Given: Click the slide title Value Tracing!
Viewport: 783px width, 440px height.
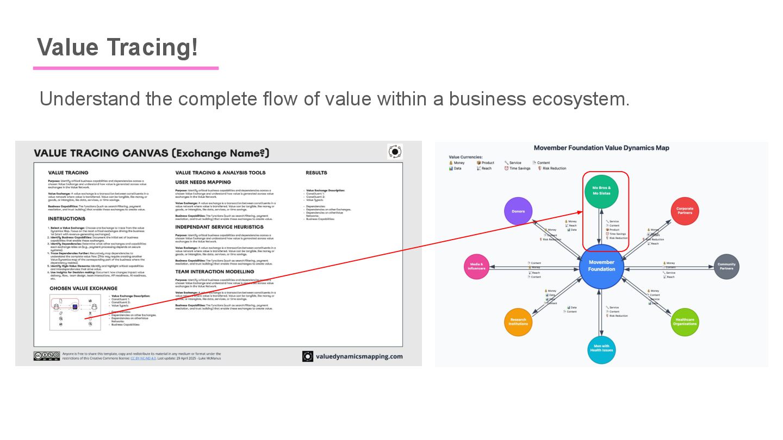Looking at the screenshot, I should click(117, 48).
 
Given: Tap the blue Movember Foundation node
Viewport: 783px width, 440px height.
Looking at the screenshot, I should click(601, 266).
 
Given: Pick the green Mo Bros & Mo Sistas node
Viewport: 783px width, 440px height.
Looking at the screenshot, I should click(601, 191).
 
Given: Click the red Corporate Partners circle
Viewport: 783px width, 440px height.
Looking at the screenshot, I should click(685, 210).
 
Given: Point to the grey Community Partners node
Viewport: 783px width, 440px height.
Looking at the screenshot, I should click(726, 266).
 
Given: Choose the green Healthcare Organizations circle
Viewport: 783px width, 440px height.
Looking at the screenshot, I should click(685, 322).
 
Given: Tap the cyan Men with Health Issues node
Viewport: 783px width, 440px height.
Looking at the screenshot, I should click(601, 348).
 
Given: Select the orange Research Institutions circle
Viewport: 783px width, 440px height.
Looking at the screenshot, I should click(518, 322).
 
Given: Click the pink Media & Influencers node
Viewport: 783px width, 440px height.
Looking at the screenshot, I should click(477, 266).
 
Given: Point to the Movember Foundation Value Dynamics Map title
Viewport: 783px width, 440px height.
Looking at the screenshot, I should click(601, 148).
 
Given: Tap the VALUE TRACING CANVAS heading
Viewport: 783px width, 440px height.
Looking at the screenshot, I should click(152, 153).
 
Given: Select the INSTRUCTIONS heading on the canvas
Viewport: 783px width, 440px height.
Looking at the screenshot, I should click(67, 219).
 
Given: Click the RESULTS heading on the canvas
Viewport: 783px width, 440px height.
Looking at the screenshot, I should click(316, 173).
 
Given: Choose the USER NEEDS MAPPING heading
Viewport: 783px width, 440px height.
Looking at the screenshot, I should click(203, 182).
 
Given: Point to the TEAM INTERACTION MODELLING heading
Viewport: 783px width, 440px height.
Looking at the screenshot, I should click(214, 272).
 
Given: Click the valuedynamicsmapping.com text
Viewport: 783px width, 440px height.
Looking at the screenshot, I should click(358, 356).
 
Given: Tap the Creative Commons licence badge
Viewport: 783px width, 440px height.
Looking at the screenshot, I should click(46, 356).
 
